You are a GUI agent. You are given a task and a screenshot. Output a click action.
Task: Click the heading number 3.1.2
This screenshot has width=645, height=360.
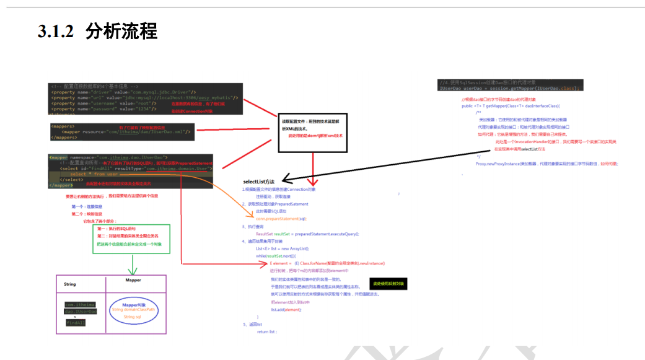[56, 32]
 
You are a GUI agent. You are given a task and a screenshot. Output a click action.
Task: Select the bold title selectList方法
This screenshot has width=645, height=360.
[258, 182]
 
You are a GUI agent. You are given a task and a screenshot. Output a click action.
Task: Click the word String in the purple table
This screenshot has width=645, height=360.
[70, 284]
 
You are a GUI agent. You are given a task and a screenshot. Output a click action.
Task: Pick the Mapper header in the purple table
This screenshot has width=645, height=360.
[133, 280]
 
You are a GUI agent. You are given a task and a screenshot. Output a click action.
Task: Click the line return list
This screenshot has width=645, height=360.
[267, 332]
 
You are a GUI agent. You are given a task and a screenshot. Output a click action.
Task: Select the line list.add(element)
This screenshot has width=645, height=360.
[286, 309]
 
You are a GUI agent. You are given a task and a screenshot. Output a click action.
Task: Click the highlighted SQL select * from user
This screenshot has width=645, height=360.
[94, 174]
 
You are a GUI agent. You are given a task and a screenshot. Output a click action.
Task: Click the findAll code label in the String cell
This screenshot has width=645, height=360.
[76, 323]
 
